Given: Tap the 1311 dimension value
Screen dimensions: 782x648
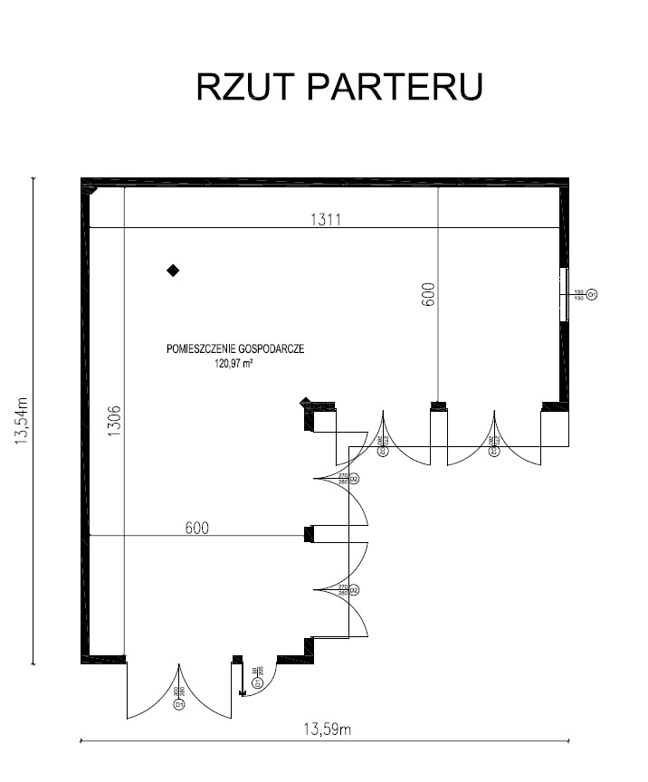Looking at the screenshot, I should (x=326, y=218).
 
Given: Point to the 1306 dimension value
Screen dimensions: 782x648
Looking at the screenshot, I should (x=114, y=421).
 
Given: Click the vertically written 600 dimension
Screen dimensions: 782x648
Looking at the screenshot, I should (x=428, y=294).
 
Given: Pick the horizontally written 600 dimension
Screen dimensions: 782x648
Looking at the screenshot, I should (x=197, y=529).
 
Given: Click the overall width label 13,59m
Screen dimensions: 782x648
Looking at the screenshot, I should (x=324, y=730).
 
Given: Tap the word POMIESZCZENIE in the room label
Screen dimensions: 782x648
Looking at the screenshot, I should (x=202, y=348).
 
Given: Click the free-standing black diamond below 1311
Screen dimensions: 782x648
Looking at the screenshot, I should (x=172, y=270).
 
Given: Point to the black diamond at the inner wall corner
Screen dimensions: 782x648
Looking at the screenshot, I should (x=306, y=403).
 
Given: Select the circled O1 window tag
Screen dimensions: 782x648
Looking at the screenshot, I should (x=592, y=294).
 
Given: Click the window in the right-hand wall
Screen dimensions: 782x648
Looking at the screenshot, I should (x=565, y=293).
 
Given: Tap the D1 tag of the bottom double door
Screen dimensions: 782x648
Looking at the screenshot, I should (x=179, y=703).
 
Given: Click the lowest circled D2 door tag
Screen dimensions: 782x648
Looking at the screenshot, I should (x=355, y=591).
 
